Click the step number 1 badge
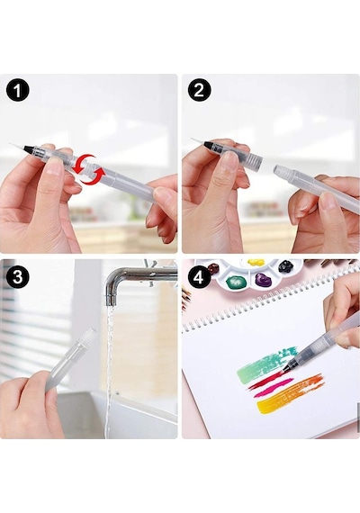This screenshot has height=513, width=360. click(x=18, y=90)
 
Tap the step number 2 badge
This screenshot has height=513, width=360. click(x=199, y=90)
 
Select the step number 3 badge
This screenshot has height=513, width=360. click(x=18, y=276)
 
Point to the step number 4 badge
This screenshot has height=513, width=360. click(x=199, y=277)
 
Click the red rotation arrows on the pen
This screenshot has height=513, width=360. click(x=89, y=169)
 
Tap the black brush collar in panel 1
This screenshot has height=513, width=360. click(x=29, y=148)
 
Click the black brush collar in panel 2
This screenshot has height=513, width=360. click(x=210, y=145)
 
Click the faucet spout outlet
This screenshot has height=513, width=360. click(x=112, y=299)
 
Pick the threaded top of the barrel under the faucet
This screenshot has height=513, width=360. click(x=89, y=337)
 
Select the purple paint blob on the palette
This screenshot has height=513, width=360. click(x=263, y=280)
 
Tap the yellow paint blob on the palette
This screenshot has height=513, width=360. click(x=256, y=263)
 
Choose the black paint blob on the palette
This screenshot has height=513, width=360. click(x=285, y=266)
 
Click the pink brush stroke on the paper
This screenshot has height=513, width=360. click(x=273, y=388)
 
